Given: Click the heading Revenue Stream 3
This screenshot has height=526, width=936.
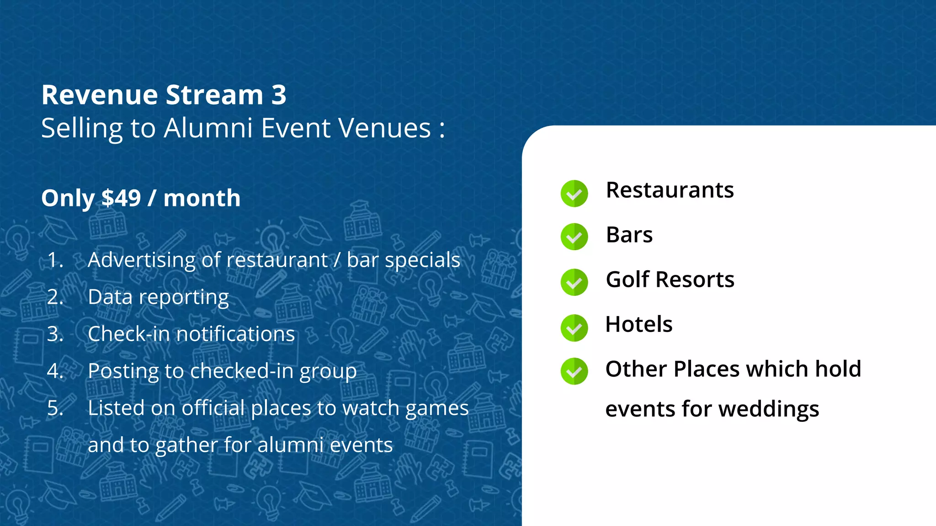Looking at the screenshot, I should coord(164,95).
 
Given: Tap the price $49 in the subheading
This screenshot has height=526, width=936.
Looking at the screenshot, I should coord(121,198).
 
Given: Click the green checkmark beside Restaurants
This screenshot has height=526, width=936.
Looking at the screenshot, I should coord(574,194).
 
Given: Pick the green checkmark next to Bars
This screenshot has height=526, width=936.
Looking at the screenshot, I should coord(574,237).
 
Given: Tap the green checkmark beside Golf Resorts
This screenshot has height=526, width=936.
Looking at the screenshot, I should coord(574,282).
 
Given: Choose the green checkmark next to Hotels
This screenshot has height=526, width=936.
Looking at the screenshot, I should coord(574,328).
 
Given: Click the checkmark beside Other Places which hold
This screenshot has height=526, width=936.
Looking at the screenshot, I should coord(574,371).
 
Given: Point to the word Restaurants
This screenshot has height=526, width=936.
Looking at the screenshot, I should coord(670,190).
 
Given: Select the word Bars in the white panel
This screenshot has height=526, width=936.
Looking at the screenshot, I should coord(629,235).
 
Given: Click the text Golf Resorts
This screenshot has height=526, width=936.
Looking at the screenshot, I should coord(670,279).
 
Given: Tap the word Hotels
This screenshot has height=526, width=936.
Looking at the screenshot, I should coord(638,324).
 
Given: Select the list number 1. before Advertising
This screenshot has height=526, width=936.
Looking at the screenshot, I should coord(55,260).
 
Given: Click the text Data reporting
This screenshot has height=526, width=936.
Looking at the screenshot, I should coord(158,297).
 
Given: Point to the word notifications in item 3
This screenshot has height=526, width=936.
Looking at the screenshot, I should coord(235,334).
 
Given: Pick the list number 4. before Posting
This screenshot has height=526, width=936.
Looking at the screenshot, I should coord(55,371).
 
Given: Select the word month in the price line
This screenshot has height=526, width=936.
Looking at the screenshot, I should coord(202,198).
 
